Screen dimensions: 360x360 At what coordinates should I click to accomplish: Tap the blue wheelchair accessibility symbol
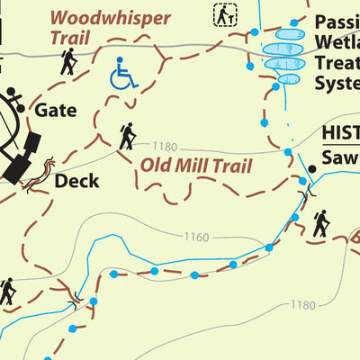[x=123, y=74]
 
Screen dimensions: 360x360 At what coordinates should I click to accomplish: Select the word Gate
[x=55, y=111]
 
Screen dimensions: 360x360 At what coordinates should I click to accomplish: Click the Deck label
[x=76, y=180]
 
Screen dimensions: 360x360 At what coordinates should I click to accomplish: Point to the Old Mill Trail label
[x=194, y=166]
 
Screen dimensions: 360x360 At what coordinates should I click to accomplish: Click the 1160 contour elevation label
[x=195, y=238]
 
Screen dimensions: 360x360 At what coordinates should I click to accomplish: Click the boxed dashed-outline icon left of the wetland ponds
[x=225, y=14]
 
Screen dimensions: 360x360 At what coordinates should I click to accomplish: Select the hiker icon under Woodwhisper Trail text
[x=68, y=61]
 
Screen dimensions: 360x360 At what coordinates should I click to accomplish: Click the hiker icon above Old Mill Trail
[x=128, y=136]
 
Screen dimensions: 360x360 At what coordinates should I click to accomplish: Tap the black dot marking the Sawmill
[x=312, y=169]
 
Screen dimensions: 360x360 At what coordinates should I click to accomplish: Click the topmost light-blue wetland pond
[x=287, y=34]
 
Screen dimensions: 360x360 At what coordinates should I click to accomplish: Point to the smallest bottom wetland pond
[x=288, y=78]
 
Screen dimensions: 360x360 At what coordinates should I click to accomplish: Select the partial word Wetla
[x=337, y=40]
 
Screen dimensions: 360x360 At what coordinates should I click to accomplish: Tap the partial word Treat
[x=337, y=62]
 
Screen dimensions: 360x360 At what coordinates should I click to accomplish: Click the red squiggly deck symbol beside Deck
[x=40, y=175]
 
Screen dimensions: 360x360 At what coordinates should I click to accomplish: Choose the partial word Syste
[x=337, y=83]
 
